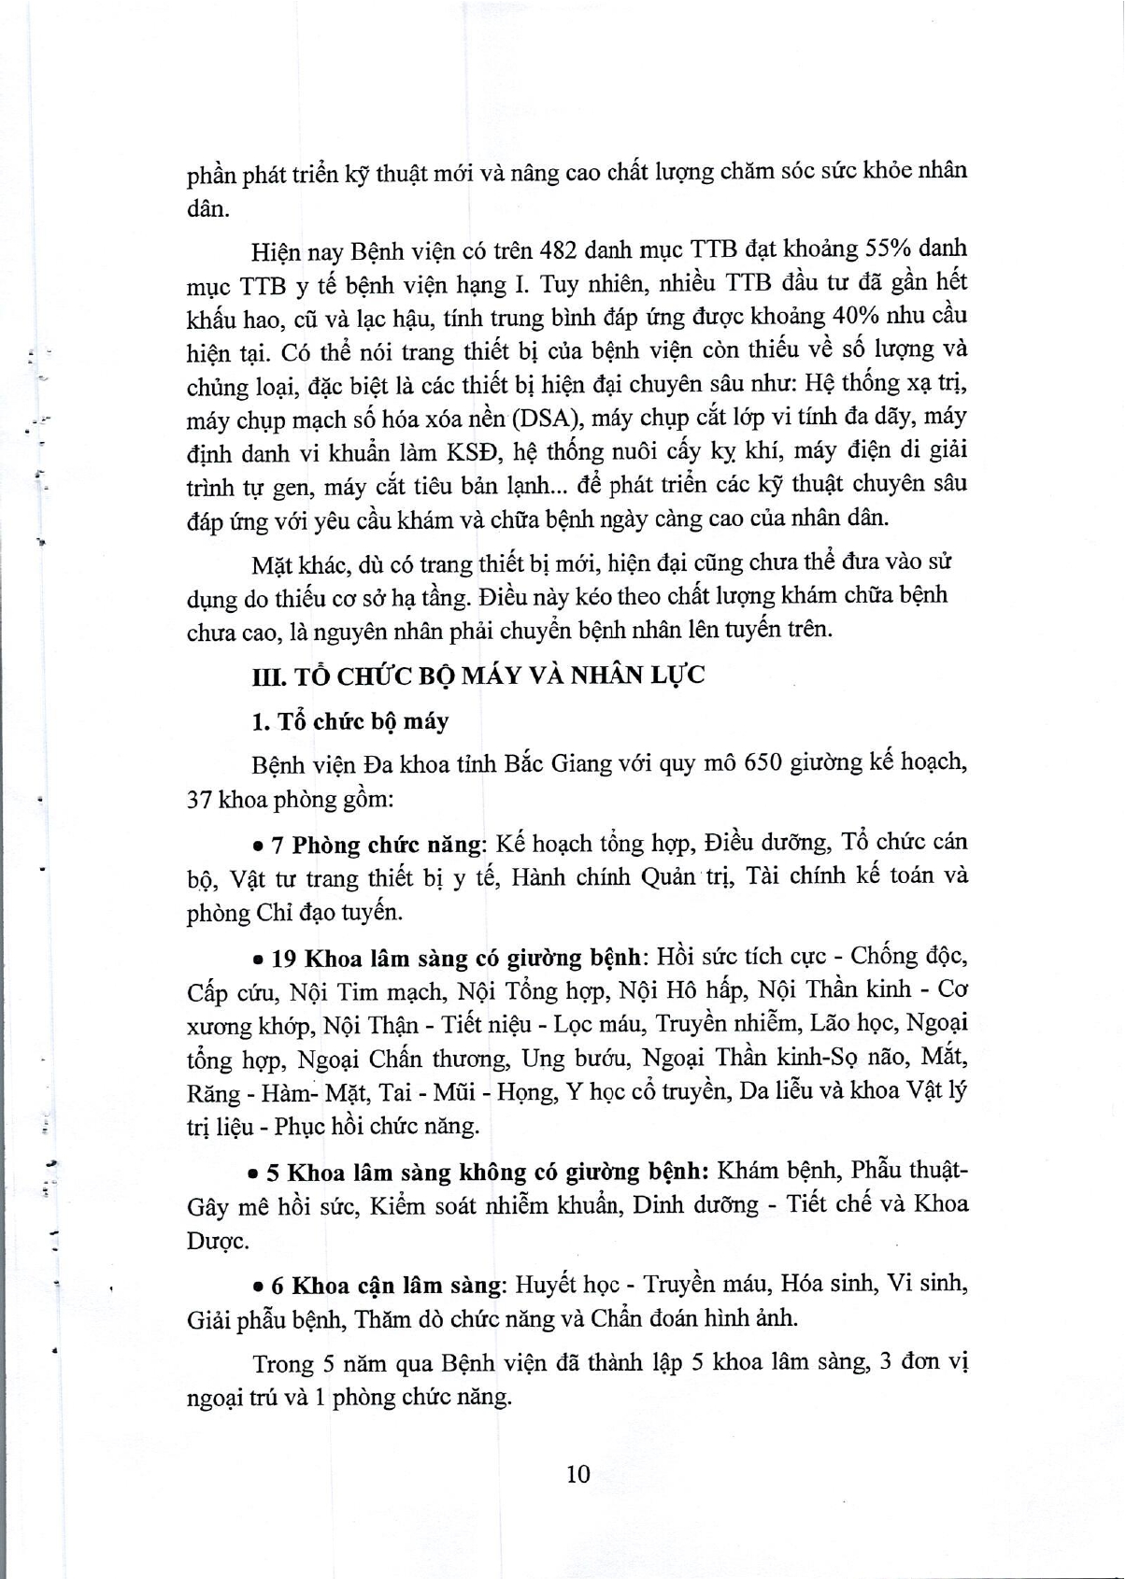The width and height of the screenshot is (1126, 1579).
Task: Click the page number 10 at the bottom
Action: coord(577,1473)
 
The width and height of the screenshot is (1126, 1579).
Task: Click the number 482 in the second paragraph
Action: coord(561,249)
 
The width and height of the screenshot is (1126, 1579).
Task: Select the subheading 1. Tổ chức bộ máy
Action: coord(349,721)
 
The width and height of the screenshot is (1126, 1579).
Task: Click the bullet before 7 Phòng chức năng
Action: coord(259,846)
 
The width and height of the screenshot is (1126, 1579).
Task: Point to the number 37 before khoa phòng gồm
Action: coord(200,800)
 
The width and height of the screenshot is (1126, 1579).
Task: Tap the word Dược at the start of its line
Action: coord(217,1242)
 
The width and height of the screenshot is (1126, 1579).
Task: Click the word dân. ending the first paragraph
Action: coord(207,208)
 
